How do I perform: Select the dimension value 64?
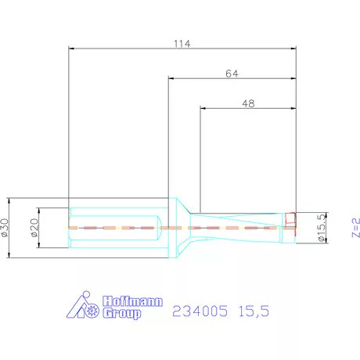coord(231,72)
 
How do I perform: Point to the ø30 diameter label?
coord(8,228)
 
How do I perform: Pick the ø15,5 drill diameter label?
coord(320,228)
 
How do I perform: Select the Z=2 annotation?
coord(355,228)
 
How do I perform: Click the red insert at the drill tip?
coord(291,221)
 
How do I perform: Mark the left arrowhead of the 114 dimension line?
coord(72,49)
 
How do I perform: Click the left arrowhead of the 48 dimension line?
coord(203,108)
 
